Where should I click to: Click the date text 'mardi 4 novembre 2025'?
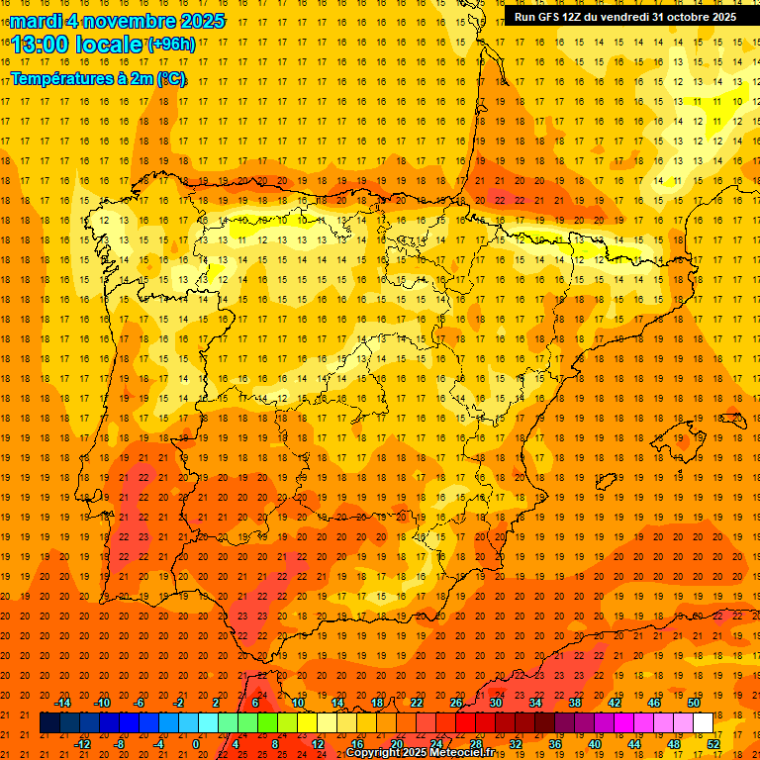117,21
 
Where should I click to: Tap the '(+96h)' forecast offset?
171,44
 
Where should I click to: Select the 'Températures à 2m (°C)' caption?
98,78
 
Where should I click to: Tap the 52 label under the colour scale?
713,744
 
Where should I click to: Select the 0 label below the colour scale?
196,744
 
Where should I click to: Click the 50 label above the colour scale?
694,702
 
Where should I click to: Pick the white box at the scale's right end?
704,723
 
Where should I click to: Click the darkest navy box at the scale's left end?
49,723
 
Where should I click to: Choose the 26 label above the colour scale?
456,702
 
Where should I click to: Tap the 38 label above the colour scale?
575,702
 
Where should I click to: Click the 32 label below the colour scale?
516,744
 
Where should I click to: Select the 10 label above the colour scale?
298,702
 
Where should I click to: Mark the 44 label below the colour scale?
634,744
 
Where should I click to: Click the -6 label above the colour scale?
140,702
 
